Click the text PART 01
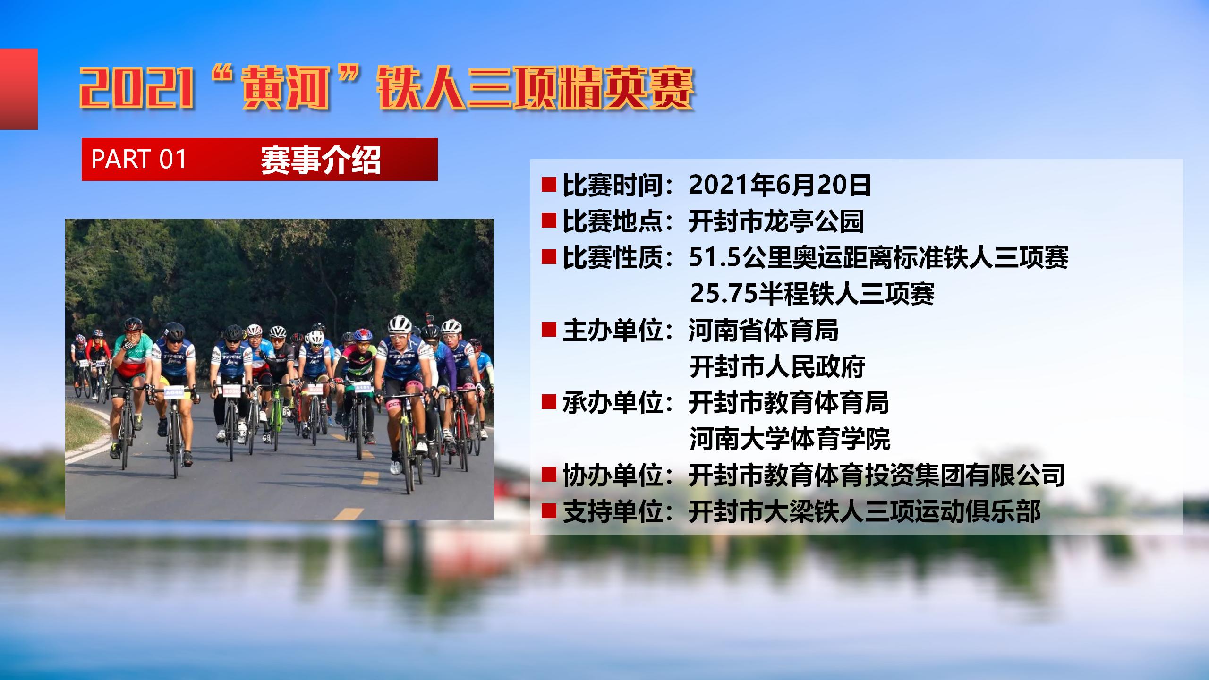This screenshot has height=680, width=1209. (139, 159)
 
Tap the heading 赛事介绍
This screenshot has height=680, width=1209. (321, 160)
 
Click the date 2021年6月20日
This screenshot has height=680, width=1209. (780, 185)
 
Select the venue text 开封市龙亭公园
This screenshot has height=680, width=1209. (776, 221)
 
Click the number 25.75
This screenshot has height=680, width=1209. (722, 294)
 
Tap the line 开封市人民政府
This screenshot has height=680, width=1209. (777, 366)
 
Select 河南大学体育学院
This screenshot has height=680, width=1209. (790, 439)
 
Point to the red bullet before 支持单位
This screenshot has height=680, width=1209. (548, 511)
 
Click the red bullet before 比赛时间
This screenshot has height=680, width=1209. (548, 185)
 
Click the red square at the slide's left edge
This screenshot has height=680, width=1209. (18, 89)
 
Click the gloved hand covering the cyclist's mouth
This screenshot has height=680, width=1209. (129, 344)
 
